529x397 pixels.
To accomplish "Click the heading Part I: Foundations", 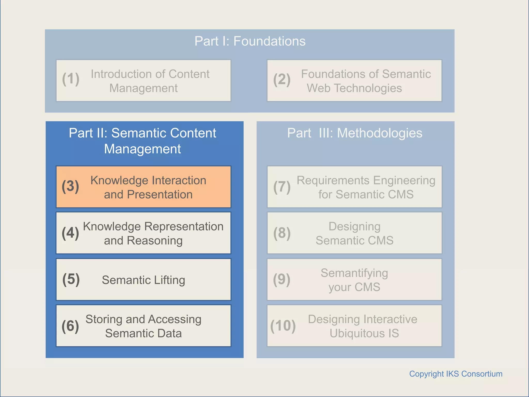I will click(250, 41).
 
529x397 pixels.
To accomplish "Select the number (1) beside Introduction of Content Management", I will click(71, 79).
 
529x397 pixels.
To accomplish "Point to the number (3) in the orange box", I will click(70, 186).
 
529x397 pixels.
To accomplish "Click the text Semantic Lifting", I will click(143, 280).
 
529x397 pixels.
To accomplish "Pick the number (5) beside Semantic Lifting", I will click(71, 279).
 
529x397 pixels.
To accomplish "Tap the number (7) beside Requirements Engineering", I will click(282, 187).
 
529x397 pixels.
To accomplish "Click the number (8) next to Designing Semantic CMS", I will click(282, 233).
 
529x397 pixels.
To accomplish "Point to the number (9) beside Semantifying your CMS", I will click(282, 279).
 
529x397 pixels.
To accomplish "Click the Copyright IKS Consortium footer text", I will click(456, 374).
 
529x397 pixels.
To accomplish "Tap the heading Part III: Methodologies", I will click(355, 133).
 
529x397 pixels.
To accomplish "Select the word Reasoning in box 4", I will click(155, 241).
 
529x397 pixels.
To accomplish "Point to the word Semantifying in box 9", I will click(354, 273).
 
